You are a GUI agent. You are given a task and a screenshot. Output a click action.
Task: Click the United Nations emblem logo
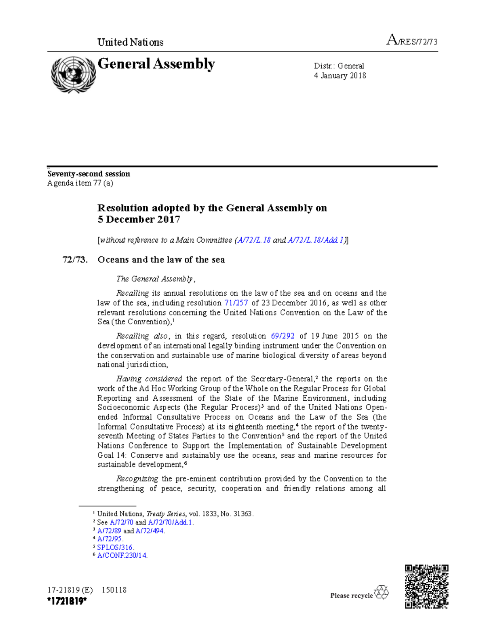(x=73, y=75)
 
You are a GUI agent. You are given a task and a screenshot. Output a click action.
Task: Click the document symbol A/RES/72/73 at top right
(x=412, y=41)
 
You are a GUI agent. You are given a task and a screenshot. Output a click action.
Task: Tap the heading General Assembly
(x=156, y=64)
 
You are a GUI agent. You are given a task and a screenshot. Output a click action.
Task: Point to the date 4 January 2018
(x=340, y=76)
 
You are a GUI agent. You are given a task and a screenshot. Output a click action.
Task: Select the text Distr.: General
(x=339, y=66)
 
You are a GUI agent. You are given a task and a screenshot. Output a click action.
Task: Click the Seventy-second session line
(x=89, y=174)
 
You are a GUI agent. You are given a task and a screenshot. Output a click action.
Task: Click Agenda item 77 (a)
(x=80, y=183)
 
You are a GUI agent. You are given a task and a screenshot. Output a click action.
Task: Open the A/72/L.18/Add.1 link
(x=316, y=240)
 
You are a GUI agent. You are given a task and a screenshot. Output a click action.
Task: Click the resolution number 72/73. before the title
(x=75, y=260)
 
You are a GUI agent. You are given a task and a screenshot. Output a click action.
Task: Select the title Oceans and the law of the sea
(x=161, y=260)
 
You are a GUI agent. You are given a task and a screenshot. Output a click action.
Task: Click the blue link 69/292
(x=283, y=336)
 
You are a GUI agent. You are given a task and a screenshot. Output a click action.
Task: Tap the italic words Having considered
(x=149, y=379)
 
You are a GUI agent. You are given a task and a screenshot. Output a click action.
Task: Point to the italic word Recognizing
(x=137, y=479)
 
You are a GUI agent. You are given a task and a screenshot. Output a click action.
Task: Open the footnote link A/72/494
(x=150, y=531)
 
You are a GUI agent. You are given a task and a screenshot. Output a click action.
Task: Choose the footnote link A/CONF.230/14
(x=122, y=556)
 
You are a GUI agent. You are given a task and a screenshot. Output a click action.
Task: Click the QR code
(x=426, y=586)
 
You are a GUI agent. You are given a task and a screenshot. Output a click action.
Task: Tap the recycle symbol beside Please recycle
(x=381, y=592)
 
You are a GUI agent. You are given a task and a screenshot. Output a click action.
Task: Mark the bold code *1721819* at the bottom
(x=67, y=602)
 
